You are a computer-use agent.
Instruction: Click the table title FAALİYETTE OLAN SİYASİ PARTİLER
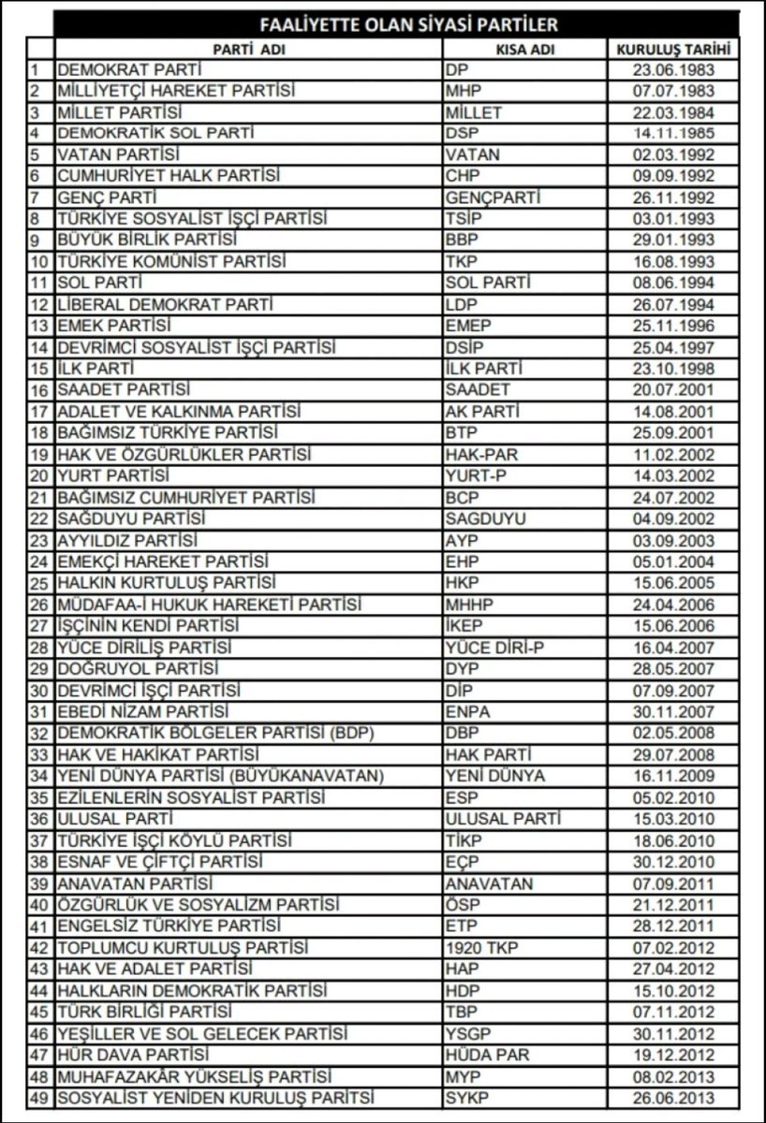[396, 24]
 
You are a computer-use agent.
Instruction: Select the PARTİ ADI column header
[248, 50]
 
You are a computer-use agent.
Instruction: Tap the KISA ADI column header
[525, 50]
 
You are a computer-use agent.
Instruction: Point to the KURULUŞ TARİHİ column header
[673, 50]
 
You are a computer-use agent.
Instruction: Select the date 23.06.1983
[673, 70]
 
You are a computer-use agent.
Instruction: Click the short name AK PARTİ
[482, 412]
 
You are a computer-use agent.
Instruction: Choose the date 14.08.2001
[673, 412]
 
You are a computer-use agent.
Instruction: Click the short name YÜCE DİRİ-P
[496, 648]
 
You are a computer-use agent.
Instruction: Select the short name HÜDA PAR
[487, 1055]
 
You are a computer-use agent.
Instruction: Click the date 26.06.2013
[673, 1098]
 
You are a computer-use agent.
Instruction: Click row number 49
[39, 1098]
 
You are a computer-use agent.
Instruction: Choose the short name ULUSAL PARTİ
[504, 820]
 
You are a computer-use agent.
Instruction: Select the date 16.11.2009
[673, 777]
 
